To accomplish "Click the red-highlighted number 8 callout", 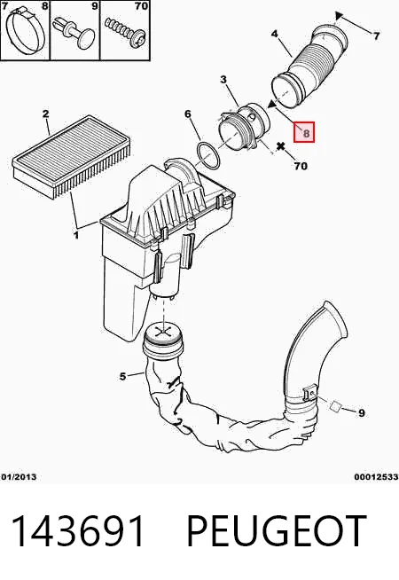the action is [304, 132].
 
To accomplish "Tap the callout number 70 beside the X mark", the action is [301, 166].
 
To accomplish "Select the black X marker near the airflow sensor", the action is [281, 146].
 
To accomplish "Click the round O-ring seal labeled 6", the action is [207, 156].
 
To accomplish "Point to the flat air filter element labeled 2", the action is [71, 154].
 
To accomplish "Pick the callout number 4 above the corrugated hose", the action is [274, 34].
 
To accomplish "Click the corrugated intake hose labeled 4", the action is [309, 67].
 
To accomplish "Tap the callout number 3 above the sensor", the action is [223, 79].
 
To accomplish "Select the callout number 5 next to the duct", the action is [123, 377].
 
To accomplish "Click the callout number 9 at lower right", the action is [362, 412].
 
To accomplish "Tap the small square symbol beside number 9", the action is [335, 406].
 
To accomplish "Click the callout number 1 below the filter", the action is [76, 234].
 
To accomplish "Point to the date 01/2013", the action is [19, 477].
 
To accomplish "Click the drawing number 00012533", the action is [376, 477].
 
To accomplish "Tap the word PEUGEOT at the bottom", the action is [277, 531].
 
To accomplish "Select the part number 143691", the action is [78, 531].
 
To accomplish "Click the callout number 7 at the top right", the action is [376, 35].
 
